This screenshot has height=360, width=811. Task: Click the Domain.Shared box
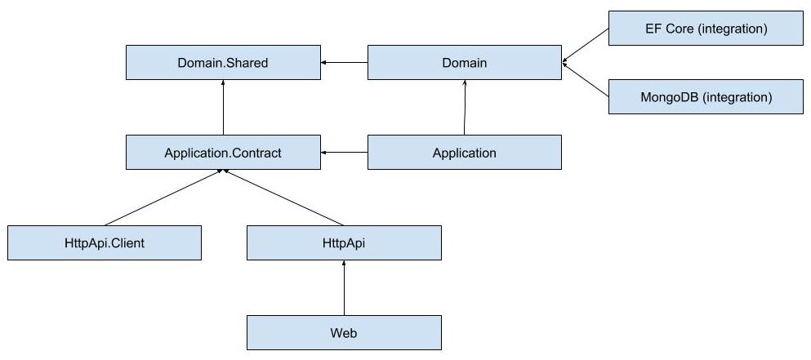click(222, 63)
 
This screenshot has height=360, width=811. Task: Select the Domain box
click(464, 63)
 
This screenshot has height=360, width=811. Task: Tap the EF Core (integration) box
click(706, 29)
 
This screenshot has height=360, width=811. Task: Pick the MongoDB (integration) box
click(706, 97)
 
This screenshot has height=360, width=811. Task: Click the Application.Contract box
click(222, 153)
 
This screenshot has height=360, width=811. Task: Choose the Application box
click(464, 153)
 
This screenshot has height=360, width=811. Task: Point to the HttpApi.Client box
click(104, 243)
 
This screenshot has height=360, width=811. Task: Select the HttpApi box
click(344, 243)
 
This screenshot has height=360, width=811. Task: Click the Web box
click(344, 333)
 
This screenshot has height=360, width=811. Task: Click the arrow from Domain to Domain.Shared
click(344, 63)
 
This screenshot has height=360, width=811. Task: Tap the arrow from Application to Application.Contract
click(344, 153)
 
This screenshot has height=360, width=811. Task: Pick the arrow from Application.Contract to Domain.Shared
click(223, 108)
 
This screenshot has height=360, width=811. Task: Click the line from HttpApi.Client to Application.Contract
click(163, 198)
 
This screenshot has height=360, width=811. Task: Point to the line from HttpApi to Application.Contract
click(282, 198)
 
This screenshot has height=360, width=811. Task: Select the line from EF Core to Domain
click(586, 45)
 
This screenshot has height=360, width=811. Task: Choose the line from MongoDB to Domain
click(586, 80)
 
